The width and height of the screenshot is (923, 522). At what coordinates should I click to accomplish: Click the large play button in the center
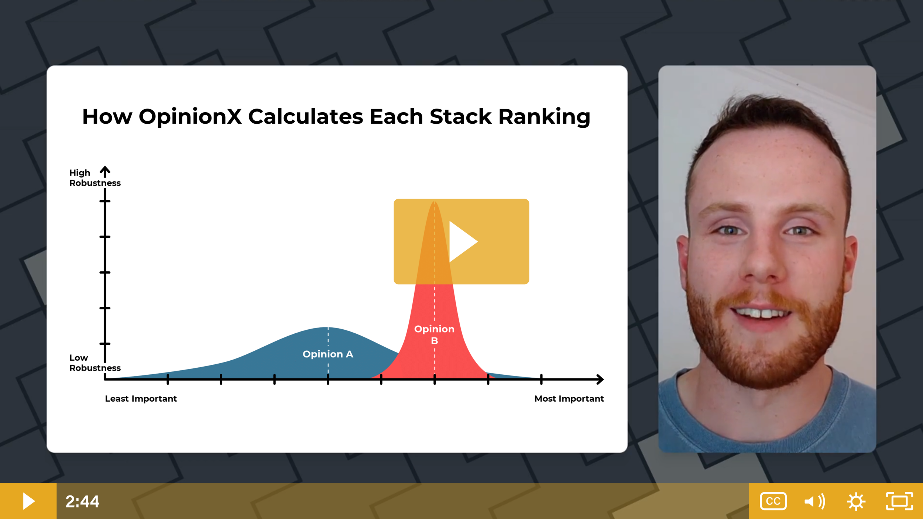461,241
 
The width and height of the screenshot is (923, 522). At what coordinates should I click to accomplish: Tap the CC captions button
773,501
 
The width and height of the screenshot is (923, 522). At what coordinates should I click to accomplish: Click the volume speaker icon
814,501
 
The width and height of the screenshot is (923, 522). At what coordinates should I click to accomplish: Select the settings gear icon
856,501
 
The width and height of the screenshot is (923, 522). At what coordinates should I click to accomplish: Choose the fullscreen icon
899,501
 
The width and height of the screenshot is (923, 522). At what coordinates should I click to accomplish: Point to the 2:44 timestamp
82,501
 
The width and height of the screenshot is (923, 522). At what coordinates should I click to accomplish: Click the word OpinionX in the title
190,117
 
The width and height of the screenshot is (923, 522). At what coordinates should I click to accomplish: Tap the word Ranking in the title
544,117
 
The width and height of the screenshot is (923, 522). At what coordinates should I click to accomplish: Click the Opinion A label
328,354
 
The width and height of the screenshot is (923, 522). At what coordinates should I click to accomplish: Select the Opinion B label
434,334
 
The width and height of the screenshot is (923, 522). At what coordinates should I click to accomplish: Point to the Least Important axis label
141,399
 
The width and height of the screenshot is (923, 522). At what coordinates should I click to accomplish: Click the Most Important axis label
569,399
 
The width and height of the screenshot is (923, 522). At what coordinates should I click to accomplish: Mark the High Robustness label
95,178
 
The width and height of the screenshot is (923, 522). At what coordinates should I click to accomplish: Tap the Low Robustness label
95,363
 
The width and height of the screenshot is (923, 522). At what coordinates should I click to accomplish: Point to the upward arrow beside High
105,171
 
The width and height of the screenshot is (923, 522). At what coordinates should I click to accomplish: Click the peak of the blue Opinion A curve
328,328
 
